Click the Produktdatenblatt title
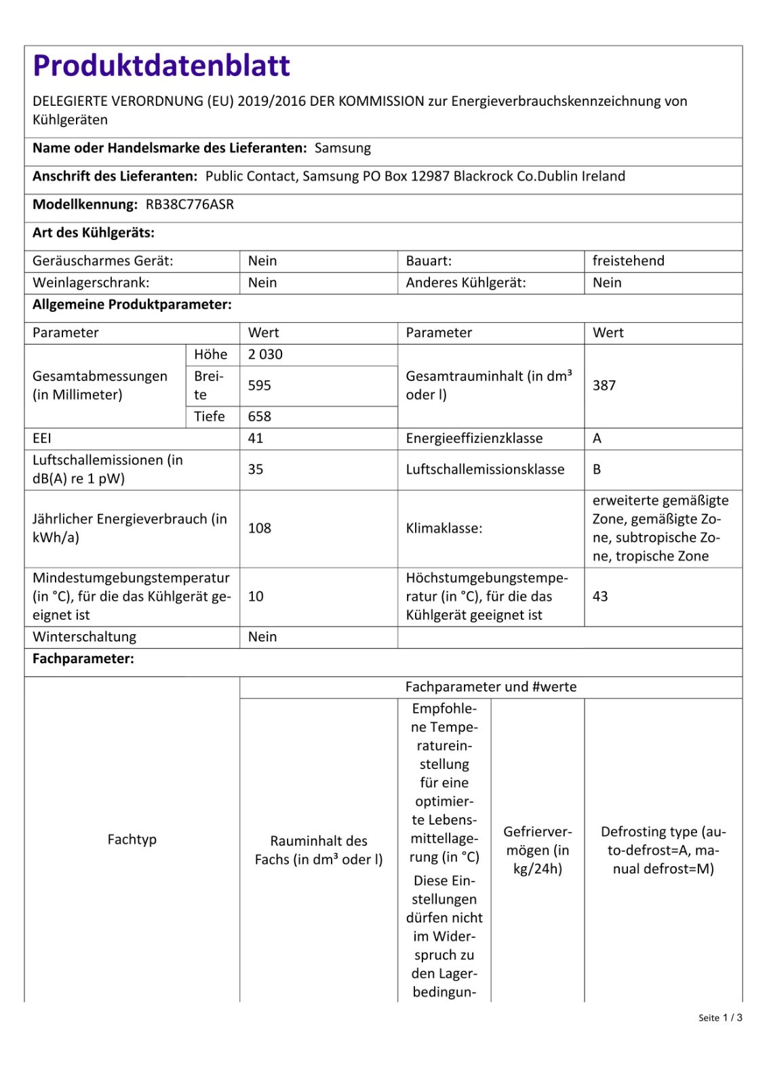click(161, 66)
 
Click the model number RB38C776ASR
click(190, 204)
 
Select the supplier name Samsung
click(342, 148)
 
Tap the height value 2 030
click(265, 355)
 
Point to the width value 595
click(259, 385)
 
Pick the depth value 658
click(259, 416)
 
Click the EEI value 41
click(256, 438)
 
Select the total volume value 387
click(604, 385)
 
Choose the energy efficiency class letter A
click(597, 438)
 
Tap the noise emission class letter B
click(597, 469)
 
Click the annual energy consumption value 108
click(259, 528)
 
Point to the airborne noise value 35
click(256, 469)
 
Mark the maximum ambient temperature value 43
click(600, 597)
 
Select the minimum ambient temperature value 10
click(256, 597)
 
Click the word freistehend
click(628, 261)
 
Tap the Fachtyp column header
click(132, 840)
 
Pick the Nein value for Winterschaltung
click(262, 637)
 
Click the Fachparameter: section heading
click(83, 658)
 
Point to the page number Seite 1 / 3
click(720, 1018)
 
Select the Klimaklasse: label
click(444, 528)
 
